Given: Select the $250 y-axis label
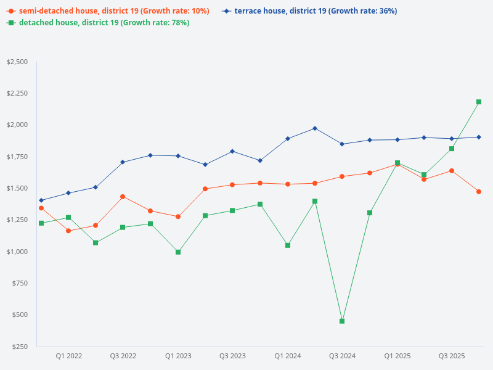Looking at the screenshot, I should pos(20,347).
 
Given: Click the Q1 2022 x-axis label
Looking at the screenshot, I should pos(69,356).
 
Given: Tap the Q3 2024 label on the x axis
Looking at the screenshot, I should pos(342,356).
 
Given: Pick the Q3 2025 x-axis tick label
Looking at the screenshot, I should pos(452,356).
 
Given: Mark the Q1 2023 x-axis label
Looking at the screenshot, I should pos(178,356).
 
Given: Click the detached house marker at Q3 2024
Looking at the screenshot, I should pos(342,321).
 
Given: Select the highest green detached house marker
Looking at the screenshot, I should pos(479,102).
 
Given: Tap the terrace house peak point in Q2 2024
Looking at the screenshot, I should pos(315,128).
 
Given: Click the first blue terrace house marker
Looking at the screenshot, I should pos(41,200).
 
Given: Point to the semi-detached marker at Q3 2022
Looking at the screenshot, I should pos(123,197).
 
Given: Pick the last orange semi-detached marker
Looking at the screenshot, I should pos(479,192).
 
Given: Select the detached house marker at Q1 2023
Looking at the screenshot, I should pos(178,252).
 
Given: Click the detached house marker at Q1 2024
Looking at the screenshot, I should pos(288,245).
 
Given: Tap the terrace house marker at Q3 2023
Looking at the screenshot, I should pos(232,151).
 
